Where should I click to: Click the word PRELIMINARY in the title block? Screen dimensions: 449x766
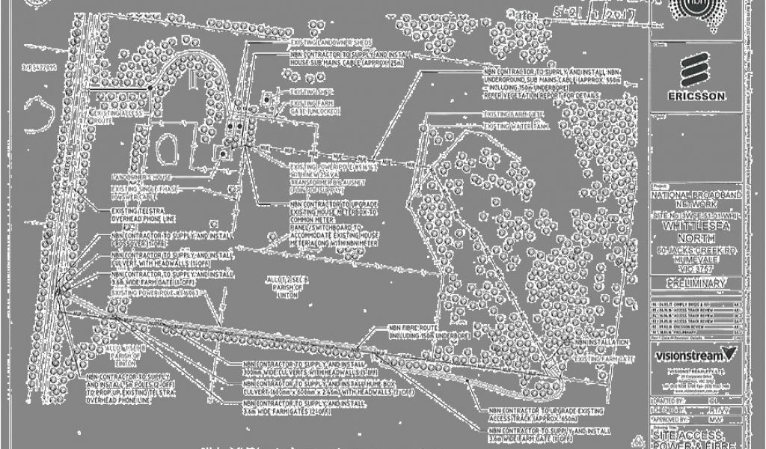[x=696, y=284]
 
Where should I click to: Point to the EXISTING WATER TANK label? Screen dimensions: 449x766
[x=515, y=126]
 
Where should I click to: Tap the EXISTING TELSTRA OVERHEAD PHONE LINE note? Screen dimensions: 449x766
[x=144, y=215]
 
